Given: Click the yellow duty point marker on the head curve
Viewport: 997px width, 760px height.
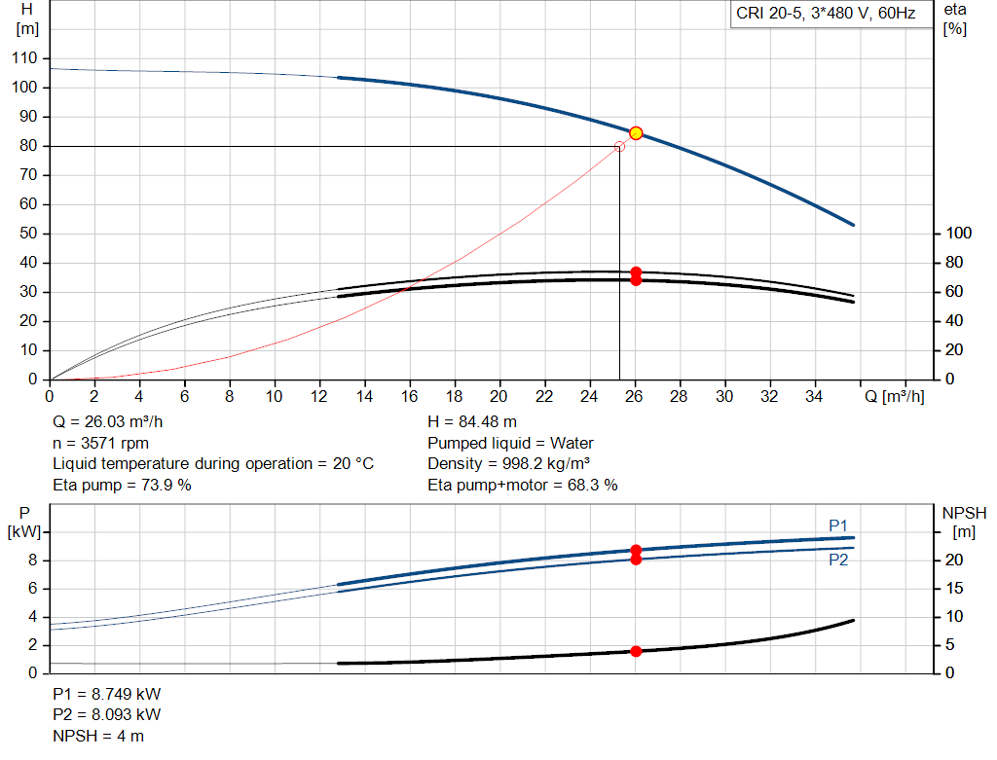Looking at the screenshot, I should click(x=636, y=133).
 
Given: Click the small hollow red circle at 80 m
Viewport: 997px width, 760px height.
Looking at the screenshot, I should click(x=619, y=146).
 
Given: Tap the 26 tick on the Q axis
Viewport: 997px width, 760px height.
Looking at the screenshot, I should click(x=636, y=396).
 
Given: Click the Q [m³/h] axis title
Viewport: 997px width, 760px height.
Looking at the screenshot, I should click(x=893, y=396).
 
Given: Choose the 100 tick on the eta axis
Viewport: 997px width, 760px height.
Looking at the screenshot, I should click(x=959, y=234).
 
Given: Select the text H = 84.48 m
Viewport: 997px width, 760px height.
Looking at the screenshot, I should click(x=472, y=422).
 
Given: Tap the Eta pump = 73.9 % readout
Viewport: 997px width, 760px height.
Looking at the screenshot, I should click(x=122, y=485).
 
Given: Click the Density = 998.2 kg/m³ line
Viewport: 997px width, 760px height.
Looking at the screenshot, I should click(x=508, y=463).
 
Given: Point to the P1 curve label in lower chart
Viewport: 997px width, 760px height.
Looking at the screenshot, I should click(x=838, y=525).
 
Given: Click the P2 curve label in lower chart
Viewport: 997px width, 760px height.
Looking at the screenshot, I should click(x=838, y=561).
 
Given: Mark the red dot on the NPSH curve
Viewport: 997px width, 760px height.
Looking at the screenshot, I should click(x=636, y=651).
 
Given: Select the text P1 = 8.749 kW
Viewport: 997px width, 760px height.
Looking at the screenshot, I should click(x=107, y=695).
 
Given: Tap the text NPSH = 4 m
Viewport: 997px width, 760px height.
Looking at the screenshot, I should click(x=98, y=736).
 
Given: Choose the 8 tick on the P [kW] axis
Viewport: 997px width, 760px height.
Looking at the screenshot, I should click(x=32, y=560).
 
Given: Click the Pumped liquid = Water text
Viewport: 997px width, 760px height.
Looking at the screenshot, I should click(x=510, y=443).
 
